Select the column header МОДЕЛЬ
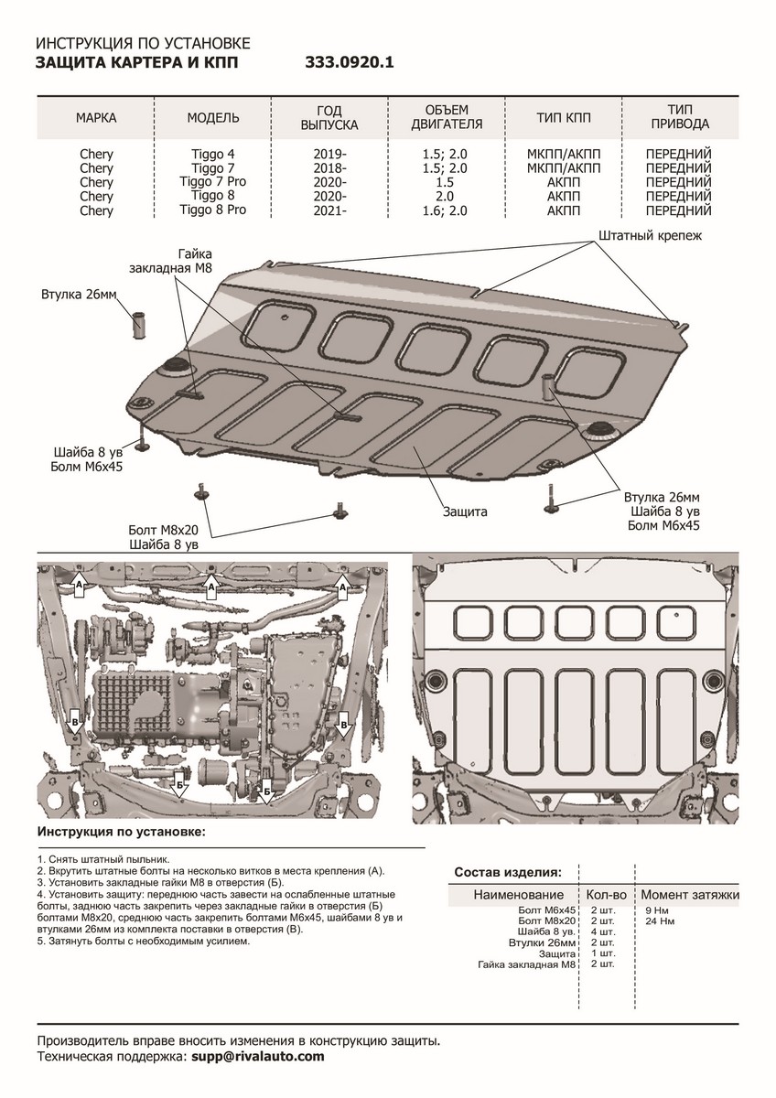click(x=213, y=119)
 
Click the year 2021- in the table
click(x=329, y=210)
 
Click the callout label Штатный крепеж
click(x=650, y=236)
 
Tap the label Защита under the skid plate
click(x=465, y=511)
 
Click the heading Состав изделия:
click(x=509, y=872)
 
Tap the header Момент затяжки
click(x=690, y=894)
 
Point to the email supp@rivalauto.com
click(x=258, y=1056)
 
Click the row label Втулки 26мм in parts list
click(x=542, y=942)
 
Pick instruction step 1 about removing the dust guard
click(x=103, y=861)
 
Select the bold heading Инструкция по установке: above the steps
click(x=122, y=834)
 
